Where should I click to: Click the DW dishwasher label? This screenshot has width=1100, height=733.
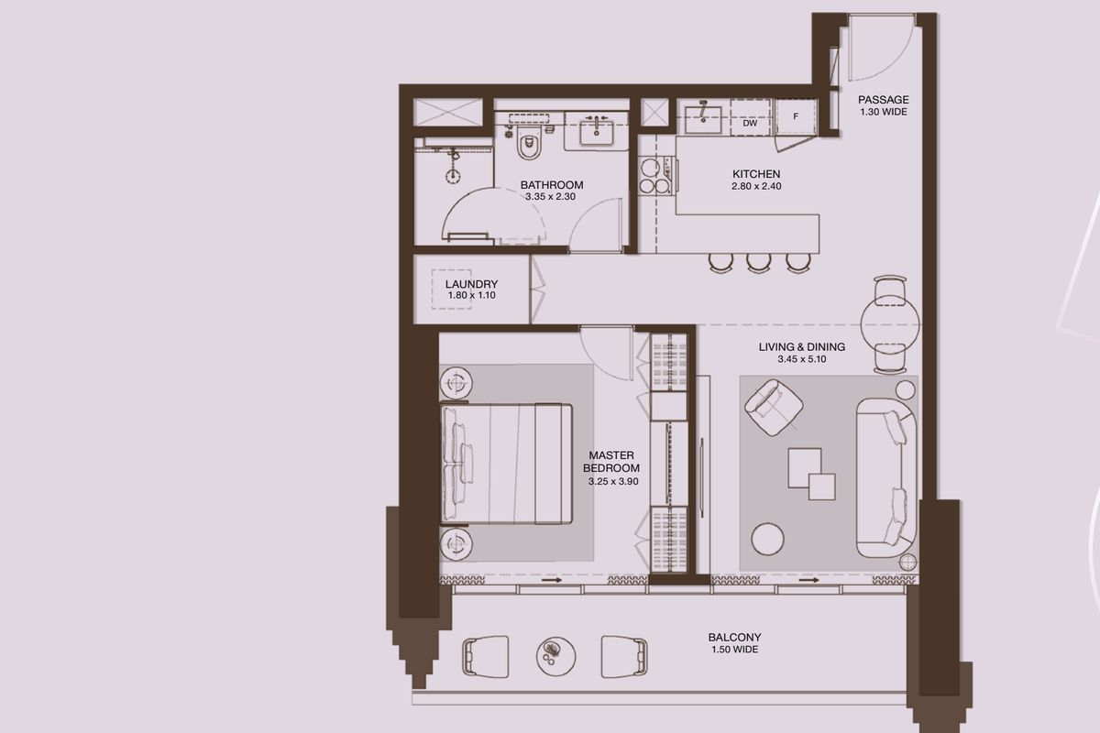point(750,123)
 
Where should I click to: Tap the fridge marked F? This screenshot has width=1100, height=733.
point(796,117)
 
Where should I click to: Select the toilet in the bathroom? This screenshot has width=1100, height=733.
point(528,141)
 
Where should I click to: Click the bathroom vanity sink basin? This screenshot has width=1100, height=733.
point(596,132)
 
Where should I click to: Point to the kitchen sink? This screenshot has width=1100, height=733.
point(703,120)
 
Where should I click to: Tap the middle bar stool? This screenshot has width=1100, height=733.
point(759,262)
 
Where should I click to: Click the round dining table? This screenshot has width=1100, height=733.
point(890,324)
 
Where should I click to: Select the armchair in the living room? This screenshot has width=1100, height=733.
point(774,407)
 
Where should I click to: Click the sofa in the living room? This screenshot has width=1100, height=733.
point(886,477)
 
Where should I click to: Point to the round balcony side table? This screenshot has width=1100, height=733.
point(555,656)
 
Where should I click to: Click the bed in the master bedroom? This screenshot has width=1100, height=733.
point(507,465)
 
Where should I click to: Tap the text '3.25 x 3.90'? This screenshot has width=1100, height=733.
point(613,482)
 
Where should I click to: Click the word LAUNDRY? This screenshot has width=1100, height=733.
point(471,284)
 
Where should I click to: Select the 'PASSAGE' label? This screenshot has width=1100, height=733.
point(884,100)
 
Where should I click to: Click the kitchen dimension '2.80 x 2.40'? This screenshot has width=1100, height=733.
point(756,186)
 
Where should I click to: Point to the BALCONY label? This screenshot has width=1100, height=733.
point(734,638)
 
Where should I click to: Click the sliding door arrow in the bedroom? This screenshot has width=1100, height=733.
point(552,580)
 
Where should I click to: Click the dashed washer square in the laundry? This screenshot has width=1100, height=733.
point(451,290)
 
